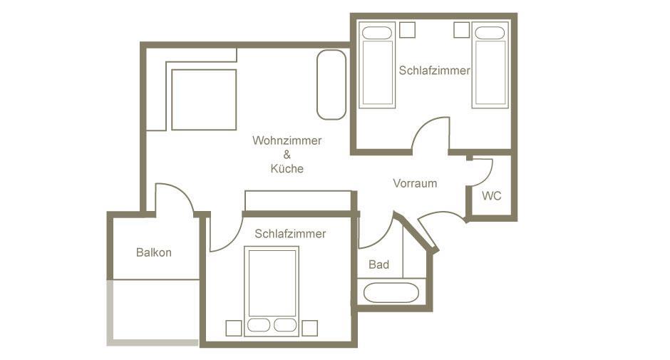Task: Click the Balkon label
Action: [154, 252]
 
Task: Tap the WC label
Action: [491, 196]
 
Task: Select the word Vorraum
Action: [415, 183]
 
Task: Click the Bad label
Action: [378, 264]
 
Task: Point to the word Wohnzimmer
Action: [287, 140]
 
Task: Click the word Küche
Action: [287, 168]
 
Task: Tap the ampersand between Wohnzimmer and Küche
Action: [287, 155]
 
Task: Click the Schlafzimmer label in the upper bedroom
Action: [434, 71]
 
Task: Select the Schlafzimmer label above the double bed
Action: [290, 233]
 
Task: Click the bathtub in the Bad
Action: [391, 293]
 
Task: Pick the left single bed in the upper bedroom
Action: [377, 65]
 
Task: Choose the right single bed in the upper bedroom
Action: [490, 65]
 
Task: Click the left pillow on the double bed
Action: [259, 325]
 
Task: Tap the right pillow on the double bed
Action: [285, 325]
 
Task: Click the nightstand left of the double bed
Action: [234, 329]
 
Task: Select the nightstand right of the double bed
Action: [310, 329]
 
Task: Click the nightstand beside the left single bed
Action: [408, 30]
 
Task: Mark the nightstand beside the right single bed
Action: [461, 30]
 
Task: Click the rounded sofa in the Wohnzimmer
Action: [331, 85]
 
